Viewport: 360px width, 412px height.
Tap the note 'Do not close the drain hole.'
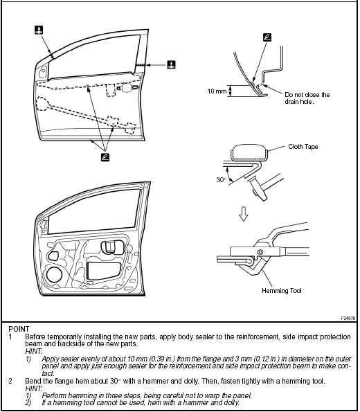(307, 98)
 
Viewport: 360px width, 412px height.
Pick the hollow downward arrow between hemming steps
(242, 217)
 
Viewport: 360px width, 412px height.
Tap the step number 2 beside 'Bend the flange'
(10, 381)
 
